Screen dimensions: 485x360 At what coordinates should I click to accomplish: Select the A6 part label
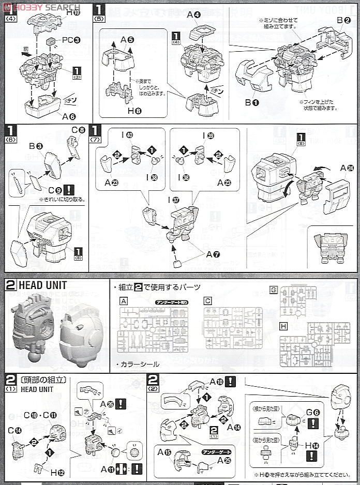[69, 116]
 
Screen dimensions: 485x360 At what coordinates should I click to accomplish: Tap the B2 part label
[344, 21]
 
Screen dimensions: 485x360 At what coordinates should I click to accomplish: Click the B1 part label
[252, 102]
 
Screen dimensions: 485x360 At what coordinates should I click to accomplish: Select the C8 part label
[78, 130]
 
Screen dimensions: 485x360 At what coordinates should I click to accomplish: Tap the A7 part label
[213, 254]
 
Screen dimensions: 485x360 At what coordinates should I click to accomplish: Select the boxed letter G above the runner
[274, 290]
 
